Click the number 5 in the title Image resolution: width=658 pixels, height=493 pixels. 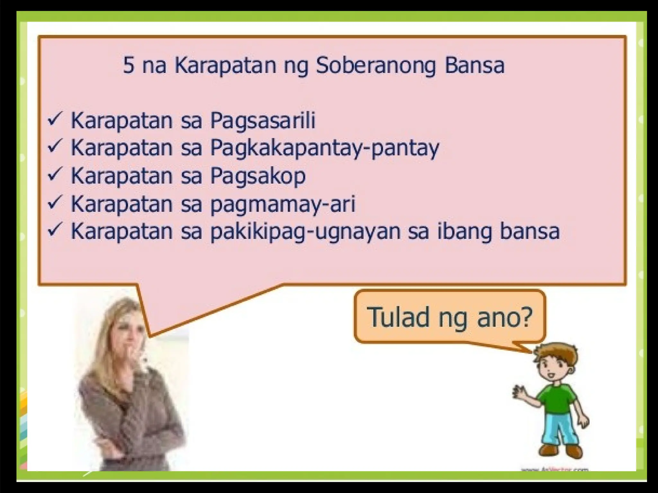pyautogui.click(x=129, y=65)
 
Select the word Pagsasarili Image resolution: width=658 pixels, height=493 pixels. pyautogui.click(x=262, y=121)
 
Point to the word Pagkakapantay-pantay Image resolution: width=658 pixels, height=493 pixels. pyautogui.click(x=325, y=148)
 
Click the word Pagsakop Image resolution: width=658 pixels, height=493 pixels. pyautogui.click(x=258, y=176)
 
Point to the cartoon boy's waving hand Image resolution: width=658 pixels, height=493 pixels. pyautogui.click(x=518, y=392)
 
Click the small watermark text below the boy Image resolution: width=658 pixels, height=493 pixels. pyautogui.click(x=555, y=470)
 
